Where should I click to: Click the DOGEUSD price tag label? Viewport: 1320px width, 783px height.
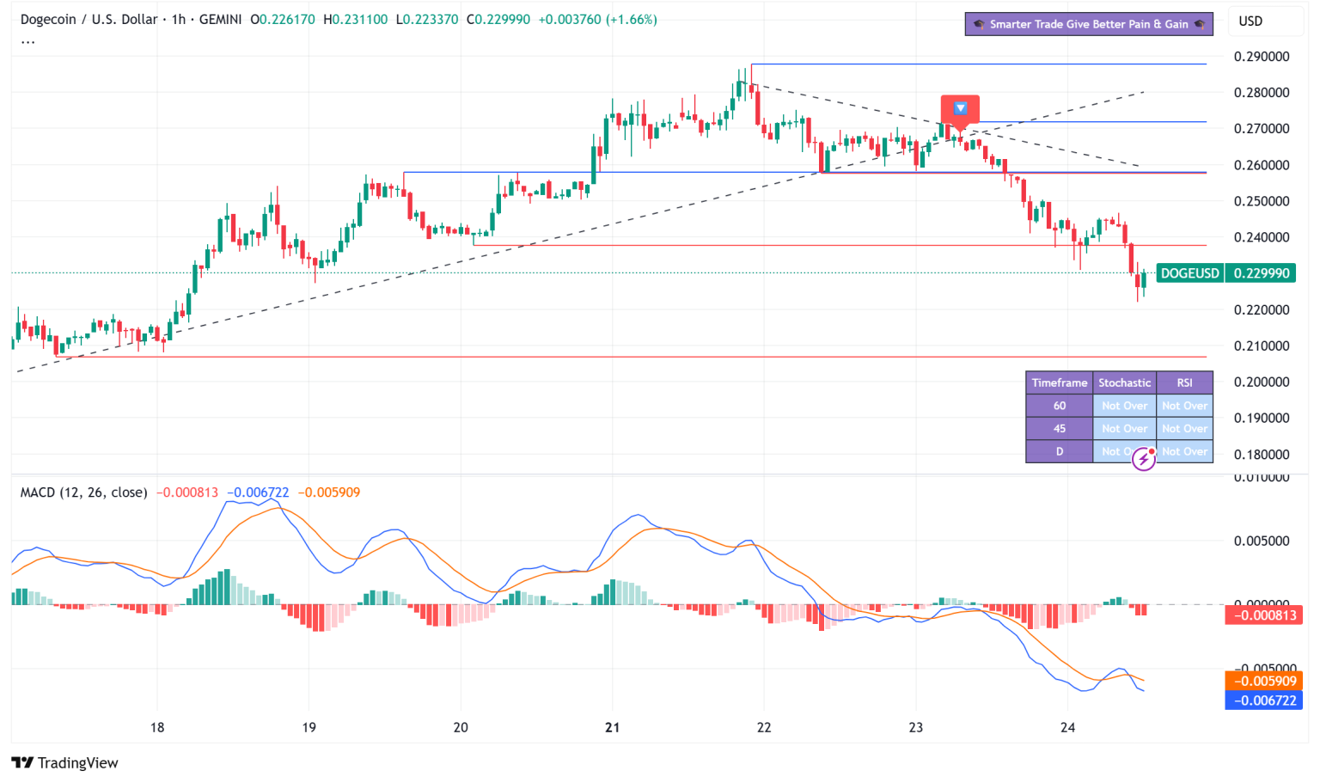[1189, 273]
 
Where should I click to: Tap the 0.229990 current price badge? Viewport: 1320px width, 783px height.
[1262, 273]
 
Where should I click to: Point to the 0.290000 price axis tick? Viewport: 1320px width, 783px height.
[1261, 57]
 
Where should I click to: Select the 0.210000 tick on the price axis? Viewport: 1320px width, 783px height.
[1261, 346]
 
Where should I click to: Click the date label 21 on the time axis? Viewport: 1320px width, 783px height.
[612, 727]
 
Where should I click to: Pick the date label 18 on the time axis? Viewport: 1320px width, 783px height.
[157, 727]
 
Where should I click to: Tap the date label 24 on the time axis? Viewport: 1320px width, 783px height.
[1067, 727]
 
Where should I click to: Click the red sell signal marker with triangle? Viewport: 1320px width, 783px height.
[960, 109]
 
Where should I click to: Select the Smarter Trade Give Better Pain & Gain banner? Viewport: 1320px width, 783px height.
[1088, 24]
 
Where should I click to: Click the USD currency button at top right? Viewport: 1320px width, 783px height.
[1250, 21]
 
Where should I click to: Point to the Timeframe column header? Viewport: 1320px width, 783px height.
[1059, 382]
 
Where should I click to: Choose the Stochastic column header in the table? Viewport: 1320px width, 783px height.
[1124, 382]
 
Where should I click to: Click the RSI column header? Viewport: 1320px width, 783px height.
[1184, 382]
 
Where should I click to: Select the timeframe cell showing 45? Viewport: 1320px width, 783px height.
[1059, 428]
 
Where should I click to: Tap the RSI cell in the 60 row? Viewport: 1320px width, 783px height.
[1184, 406]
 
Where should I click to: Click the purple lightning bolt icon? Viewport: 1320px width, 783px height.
[1143, 459]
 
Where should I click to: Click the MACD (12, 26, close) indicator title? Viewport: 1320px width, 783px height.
[83, 492]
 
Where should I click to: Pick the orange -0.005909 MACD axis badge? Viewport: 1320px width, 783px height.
[1263, 681]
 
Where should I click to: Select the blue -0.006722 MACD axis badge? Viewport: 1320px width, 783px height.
[1263, 700]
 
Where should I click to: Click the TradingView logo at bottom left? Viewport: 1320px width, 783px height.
[65, 762]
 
